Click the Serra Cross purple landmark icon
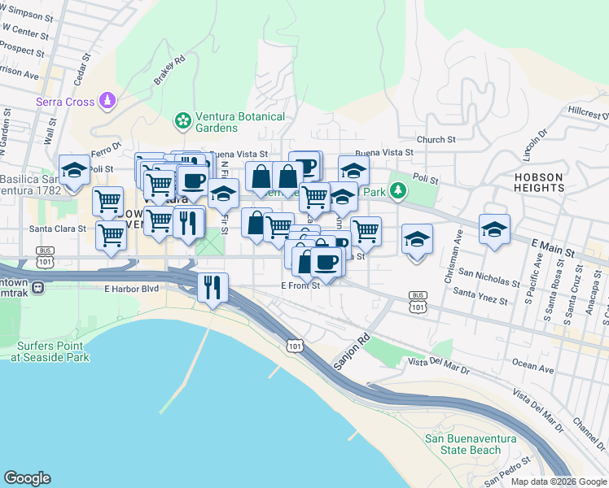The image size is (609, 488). (107, 101)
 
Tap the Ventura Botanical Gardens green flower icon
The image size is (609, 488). (183, 121)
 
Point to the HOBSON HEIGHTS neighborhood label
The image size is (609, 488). (539, 181)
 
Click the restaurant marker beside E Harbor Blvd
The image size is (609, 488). (213, 288)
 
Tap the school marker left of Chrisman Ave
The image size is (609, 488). (417, 238)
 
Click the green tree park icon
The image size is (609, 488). (397, 191)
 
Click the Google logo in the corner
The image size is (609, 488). (28, 477)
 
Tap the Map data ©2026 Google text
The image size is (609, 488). (559, 481)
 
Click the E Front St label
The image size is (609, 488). (300, 285)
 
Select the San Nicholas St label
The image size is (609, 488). (489, 278)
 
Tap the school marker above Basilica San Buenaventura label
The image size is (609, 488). (75, 171)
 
